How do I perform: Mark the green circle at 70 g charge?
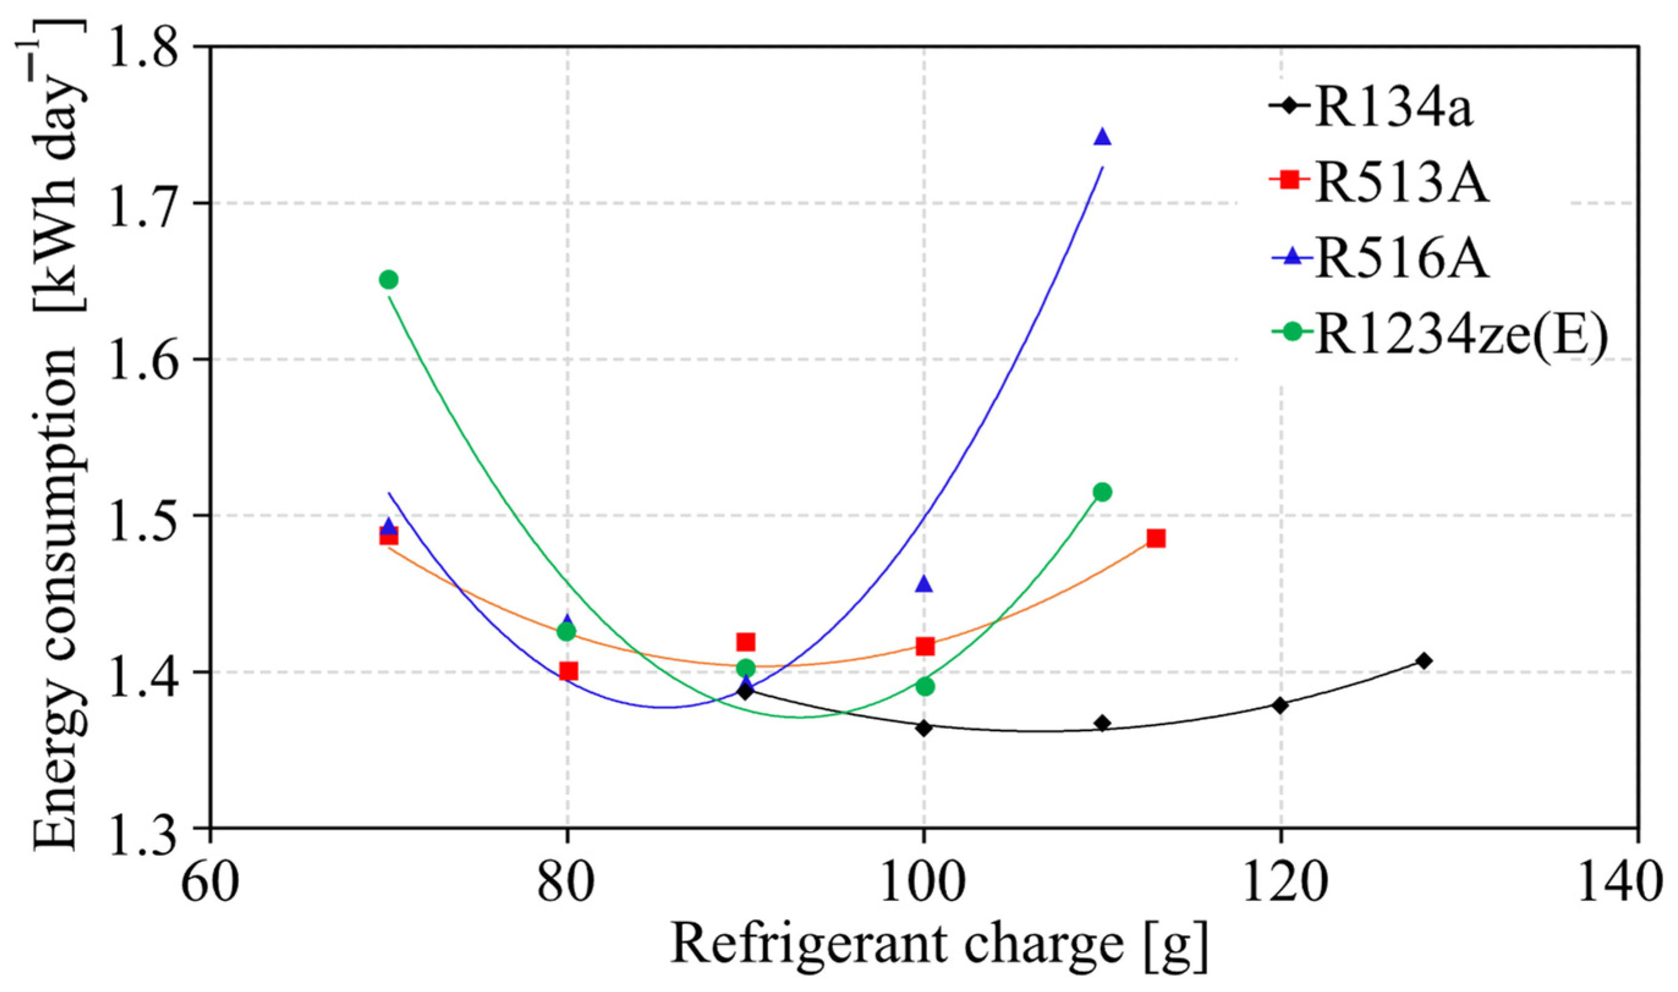(x=389, y=279)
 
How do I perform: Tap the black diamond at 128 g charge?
(x=1424, y=660)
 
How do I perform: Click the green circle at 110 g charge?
(x=1102, y=492)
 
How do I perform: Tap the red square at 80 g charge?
(x=569, y=671)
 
